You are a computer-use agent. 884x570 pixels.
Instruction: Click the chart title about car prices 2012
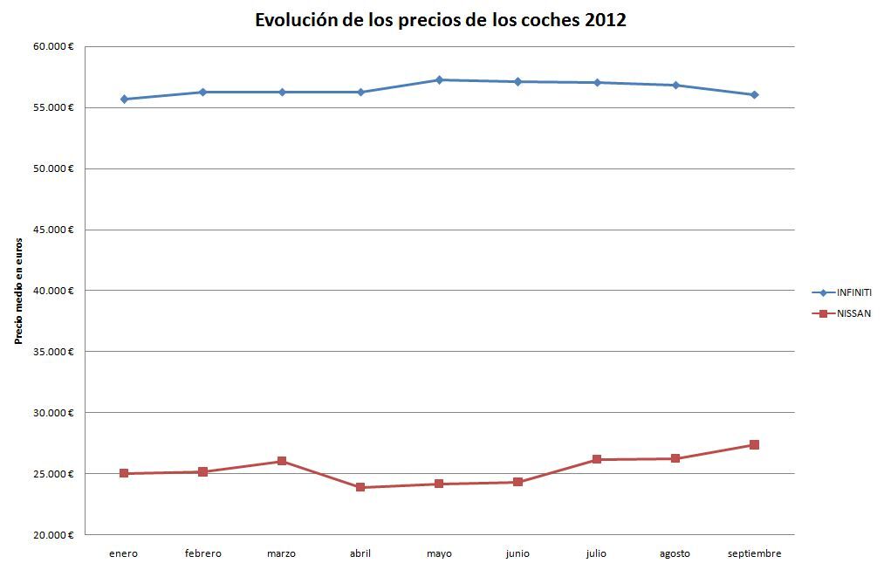point(441,20)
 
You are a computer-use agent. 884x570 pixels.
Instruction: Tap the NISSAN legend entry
point(853,313)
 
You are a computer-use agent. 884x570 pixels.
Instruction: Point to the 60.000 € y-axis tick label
point(53,46)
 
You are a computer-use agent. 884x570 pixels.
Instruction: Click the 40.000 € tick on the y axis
point(53,291)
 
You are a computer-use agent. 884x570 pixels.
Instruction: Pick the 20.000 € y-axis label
point(53,535)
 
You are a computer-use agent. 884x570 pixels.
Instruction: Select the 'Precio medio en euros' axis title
point(18,291)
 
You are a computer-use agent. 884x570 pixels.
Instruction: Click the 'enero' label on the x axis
point(124,553)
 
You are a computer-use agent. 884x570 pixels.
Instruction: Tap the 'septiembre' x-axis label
point(754,553)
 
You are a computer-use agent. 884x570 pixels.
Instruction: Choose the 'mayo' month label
point(439,553)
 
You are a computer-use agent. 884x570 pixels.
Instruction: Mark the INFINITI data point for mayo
point(439,80)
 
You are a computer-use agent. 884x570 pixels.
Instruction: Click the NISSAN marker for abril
point(360,487)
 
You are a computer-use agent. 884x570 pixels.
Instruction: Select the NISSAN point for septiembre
point(754,445)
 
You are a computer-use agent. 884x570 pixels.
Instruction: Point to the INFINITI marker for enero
point(124,100)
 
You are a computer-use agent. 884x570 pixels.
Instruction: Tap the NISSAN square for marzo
point(282,461)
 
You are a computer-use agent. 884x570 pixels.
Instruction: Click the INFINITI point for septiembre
point(754,94)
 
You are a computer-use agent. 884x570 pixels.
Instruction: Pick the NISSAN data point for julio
point(597,459)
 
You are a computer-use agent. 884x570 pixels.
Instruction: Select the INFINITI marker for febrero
point(202,92)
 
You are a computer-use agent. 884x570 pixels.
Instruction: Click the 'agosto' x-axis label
point(675,553)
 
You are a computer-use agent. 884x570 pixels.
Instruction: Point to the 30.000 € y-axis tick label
point(53,413)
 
